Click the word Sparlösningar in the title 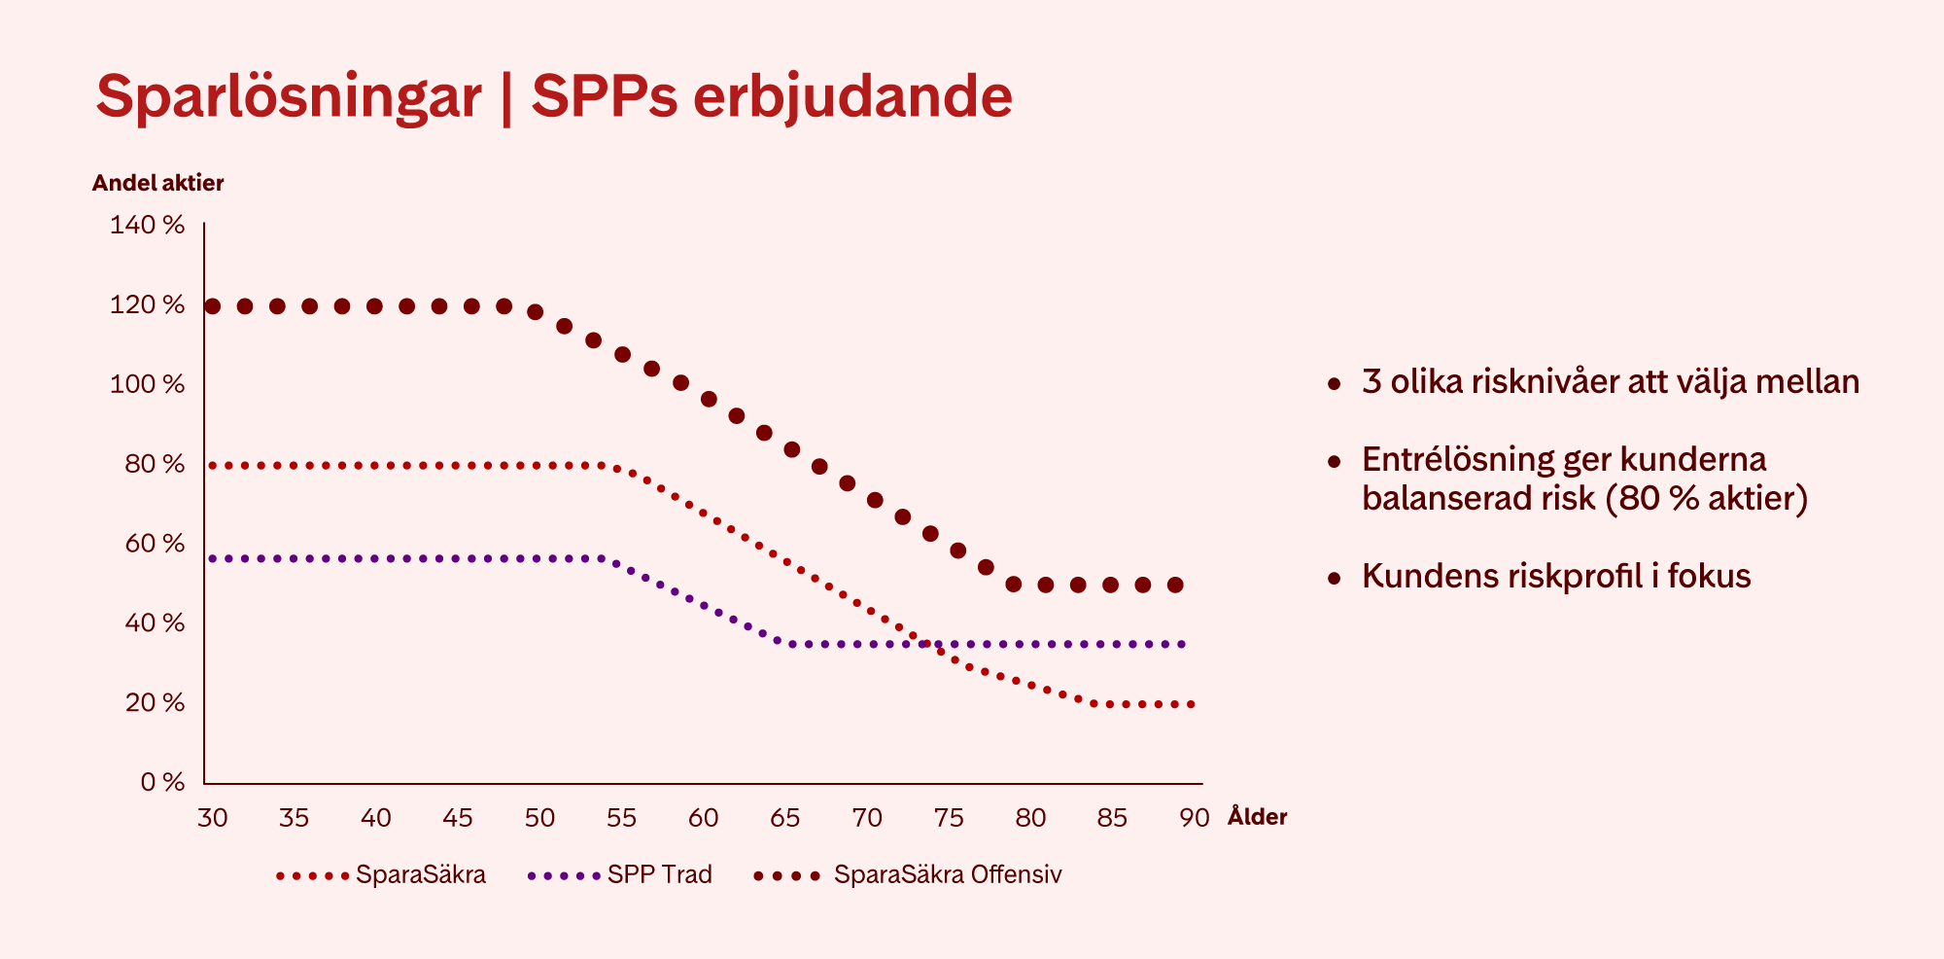click(289, 97)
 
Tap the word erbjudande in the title click(852, 97)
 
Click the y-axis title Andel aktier click(157, 183)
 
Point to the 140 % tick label click(147, 226)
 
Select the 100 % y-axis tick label click(147, 384)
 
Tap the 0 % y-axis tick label click(161, 782)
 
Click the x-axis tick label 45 click(458, 818)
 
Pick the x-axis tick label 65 click(784, 818)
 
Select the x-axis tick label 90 click(1194, 818)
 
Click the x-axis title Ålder click(1257, 817)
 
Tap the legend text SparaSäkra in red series click(420, 875)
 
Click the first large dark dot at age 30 click(213, 306)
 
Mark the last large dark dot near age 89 click(1175, 585)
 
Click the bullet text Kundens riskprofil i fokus click(1555, 576)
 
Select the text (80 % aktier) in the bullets click(1706, 498)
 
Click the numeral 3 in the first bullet click(1371, 381)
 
